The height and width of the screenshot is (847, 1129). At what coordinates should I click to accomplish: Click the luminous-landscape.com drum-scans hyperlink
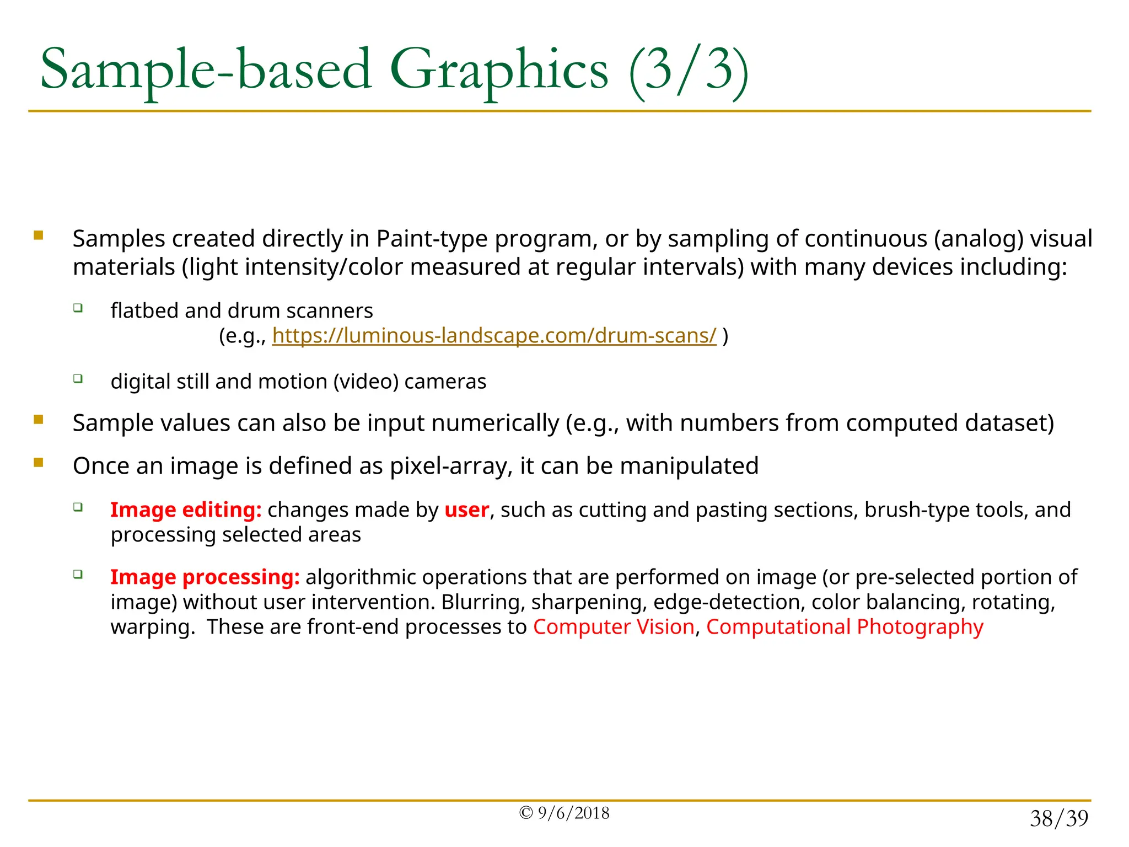point(494,335)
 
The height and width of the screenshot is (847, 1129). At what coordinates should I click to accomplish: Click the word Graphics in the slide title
point(499,71)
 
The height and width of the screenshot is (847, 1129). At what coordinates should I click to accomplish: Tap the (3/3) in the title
point(689,71)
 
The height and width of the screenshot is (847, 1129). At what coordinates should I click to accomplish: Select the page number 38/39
point(1059,818)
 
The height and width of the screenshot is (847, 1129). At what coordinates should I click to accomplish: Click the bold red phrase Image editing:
point(186,510)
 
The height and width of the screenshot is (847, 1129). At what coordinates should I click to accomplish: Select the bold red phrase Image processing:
point(205,577)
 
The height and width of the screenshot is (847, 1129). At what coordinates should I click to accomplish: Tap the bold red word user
point(466,510)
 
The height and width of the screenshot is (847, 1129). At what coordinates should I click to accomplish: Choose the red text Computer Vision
point(614,627)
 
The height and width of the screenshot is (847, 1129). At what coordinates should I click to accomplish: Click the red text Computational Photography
point(845,627)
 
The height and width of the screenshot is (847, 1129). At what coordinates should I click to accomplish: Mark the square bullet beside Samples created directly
point(39,236)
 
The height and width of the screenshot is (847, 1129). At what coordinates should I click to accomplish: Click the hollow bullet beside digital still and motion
point(78,378)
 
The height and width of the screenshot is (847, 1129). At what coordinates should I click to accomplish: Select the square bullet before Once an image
point(39,463)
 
